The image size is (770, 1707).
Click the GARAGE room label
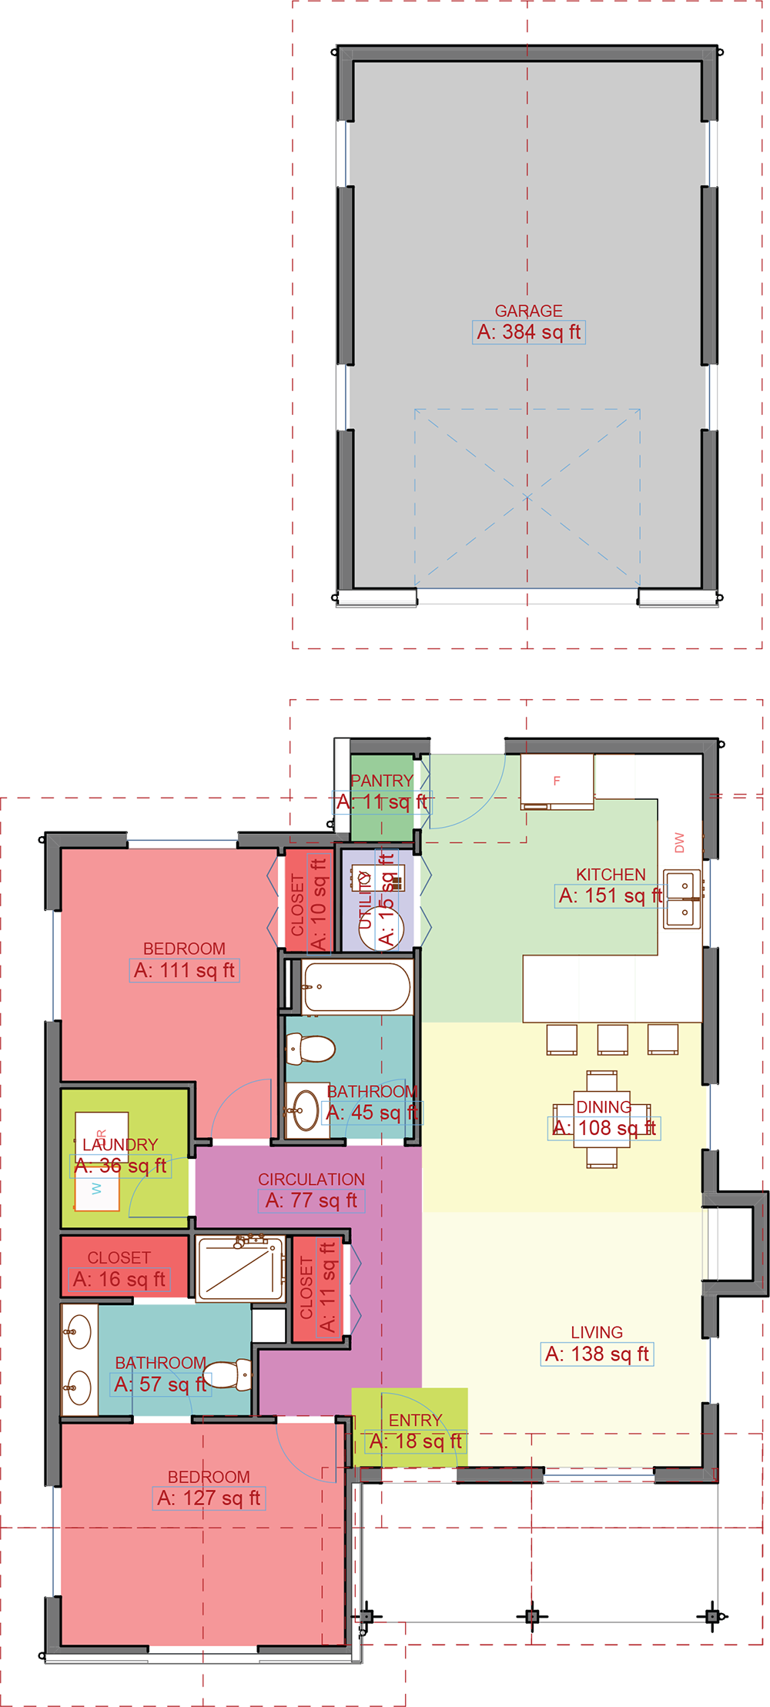528,311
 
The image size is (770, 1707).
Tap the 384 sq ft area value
529,333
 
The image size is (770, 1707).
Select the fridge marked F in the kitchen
557,781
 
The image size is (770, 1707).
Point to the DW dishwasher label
679,842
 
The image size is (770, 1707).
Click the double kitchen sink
683,899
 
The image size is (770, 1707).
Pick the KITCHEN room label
611,875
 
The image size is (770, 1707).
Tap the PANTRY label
381,781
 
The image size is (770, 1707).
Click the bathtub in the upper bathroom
357,986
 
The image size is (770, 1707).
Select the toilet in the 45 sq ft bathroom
310,1048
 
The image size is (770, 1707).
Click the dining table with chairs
601,1119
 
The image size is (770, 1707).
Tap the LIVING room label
597,1332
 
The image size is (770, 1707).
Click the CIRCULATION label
311,1180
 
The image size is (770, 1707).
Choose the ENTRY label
415,1420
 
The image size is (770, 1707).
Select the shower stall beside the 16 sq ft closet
240,1268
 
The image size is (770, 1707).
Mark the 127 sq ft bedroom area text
209,1498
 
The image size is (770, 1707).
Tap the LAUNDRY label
120,1145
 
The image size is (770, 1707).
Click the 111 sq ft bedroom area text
184,970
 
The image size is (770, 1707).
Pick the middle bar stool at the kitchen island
612,1039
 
